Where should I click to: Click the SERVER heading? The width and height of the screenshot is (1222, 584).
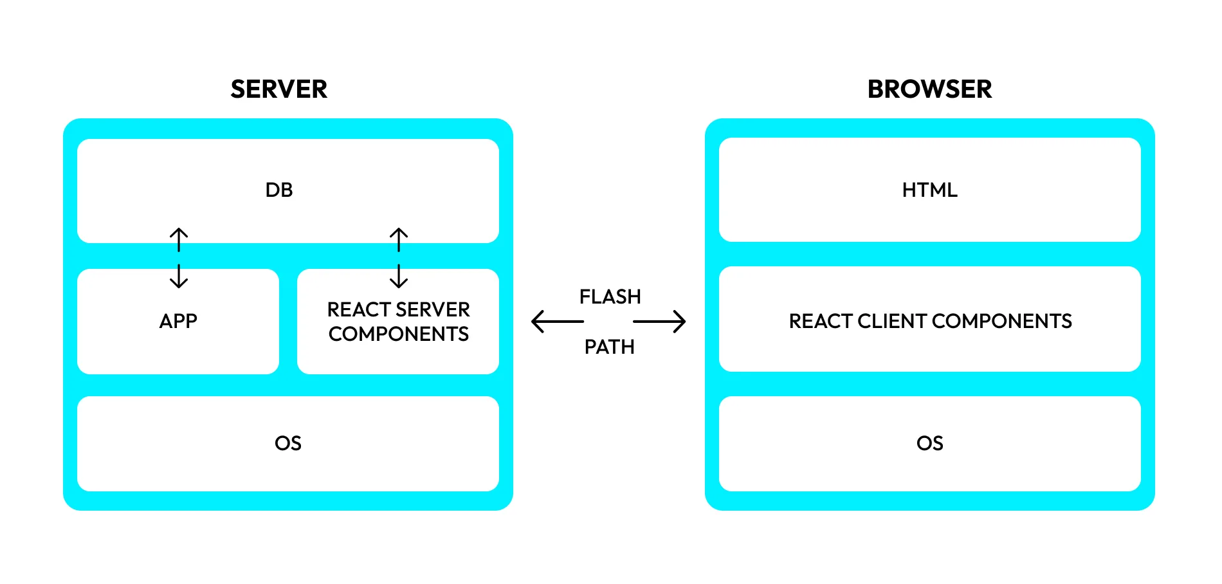pyautogui.click(x=278, y=89)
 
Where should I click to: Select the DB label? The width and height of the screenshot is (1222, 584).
pyautogui.click(x=278, y=190)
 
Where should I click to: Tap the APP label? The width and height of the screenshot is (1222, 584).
pyautogui.click(x=178, y=320)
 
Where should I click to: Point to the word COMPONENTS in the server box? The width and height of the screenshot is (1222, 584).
pyautogui.click(x=398, y=334)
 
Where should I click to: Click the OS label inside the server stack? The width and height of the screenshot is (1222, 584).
pyautogui.click(x=287, y=443)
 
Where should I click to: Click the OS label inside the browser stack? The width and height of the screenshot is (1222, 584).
pyautogui.click(x=929, y=443)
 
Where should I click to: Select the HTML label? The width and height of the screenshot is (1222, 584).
pyautogui.click(x=929, y=190)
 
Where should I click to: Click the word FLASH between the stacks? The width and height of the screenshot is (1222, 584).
pyautogui.click(x=610, y=297)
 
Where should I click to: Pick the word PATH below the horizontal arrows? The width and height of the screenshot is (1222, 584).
pyautogui.click(x=609, y=347)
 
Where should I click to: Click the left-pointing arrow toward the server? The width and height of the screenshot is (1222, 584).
pyautogui.click(x=557, y=322)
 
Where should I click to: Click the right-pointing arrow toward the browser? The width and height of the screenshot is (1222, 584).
pyautogui.click(x=660, y=322)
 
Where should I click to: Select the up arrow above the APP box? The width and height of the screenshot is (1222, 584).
pyautogui.click(x=179, y=239)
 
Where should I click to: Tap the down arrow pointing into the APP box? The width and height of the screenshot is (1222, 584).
pyautogui.click(x=179, y=276)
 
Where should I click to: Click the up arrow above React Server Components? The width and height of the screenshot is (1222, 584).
pyautogui.click(x=399, y=239)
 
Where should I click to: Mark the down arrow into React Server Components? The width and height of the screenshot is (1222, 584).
pyautogui.click(x=399, y=276)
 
